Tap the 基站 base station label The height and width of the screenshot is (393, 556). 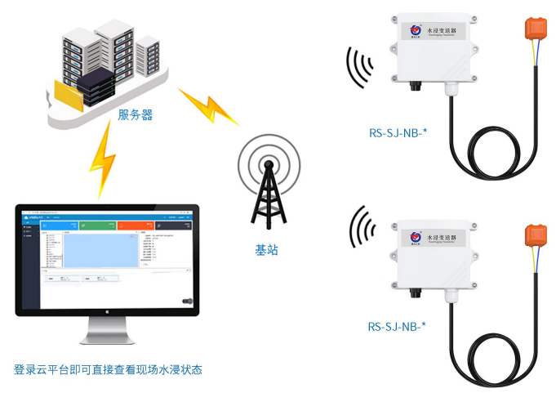pos(266,250)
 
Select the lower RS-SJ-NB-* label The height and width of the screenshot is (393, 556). pos(397,327)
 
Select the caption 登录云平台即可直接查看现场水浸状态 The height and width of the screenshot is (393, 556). pos(108,369)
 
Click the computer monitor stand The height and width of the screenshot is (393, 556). pos(107,331)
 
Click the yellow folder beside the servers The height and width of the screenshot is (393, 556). pos(67,95)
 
